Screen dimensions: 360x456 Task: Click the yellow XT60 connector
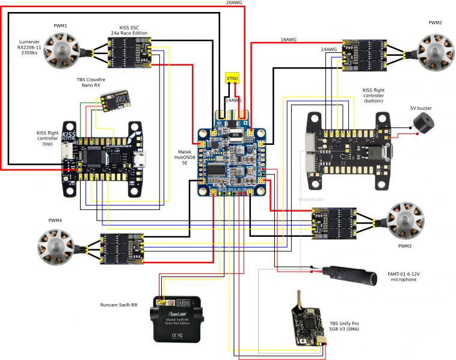[232, 78]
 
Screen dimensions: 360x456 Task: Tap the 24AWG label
[328, 49]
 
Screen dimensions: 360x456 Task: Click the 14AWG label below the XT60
[232, 100]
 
